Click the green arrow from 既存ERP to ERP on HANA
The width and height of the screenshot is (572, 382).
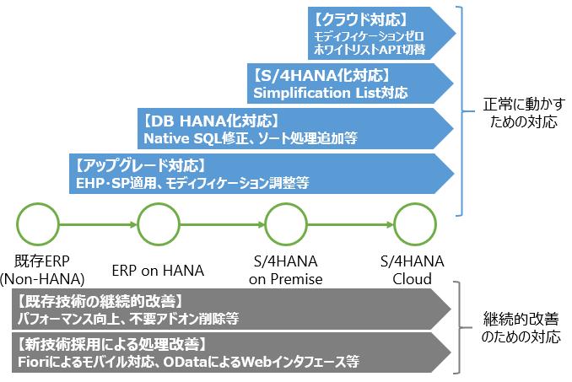click(98, 224)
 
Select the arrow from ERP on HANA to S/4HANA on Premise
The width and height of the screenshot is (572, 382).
click(222, 224)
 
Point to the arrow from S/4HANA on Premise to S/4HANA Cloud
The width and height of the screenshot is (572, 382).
click(350, 224)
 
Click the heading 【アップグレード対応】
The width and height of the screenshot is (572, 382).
click(140, 166)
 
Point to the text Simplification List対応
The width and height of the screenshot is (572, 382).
click(331, 93)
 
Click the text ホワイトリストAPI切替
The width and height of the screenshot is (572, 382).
click(370, 50)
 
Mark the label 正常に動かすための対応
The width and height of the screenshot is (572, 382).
click(524, 113)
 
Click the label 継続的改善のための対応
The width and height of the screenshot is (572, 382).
click(521, 327)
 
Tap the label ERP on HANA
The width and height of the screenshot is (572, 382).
click(158, 271)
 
